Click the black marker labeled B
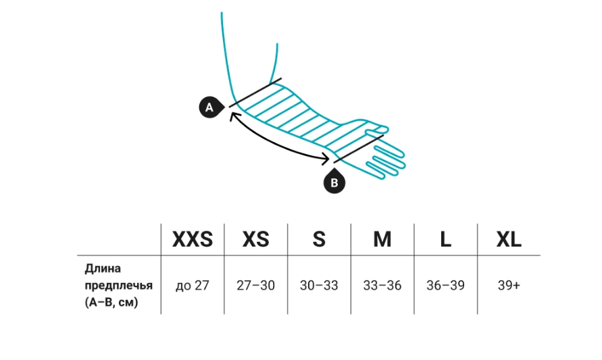[x=333, y=182]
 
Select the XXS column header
[x=193, y=239]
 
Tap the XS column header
[x=255, y=239]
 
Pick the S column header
[x=319, y=239]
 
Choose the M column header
[x=382, y=239]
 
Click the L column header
[x=445, y=239]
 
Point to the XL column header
[x=508, y=239]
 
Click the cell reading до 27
[x=193, y=286]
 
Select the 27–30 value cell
[x=256, y=286]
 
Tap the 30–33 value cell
[x=319, y=286]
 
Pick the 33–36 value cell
[x=382, y=286]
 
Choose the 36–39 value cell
[x=445, y=286]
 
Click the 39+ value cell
[x=508, y=286]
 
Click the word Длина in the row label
[x=103, y=268]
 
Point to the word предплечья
[x=118, y=285]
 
